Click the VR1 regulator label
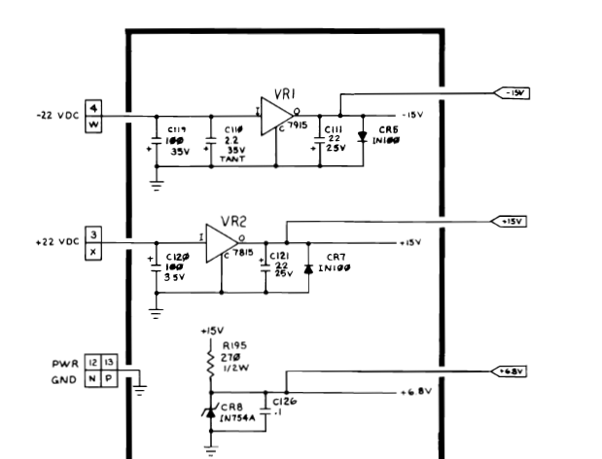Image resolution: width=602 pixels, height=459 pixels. coord(285,93)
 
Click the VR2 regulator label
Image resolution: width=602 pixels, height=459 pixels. coord(235,221)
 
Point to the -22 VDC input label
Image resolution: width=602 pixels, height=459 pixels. coord(59,115)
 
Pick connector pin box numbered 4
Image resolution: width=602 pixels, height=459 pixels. coord(93,107)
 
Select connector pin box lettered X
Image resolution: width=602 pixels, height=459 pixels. coord(93,251)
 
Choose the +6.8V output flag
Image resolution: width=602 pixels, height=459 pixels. coord(511,371)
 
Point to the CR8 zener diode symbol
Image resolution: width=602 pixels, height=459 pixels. coord(210,412)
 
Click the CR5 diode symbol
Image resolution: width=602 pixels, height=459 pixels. coord(361,137)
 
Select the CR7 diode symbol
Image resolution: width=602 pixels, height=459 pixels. coord(308,265)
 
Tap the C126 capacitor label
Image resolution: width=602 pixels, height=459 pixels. coord(285,399)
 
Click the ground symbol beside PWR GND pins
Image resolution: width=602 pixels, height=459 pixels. coord(140,388)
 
